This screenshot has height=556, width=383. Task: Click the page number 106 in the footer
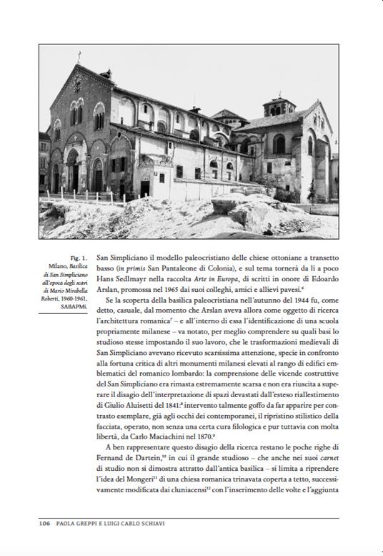[x=44, y=524]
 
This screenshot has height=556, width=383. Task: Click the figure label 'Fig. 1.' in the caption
[x=79, y=256]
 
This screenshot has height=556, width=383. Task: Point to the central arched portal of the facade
[x=73, y=172]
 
